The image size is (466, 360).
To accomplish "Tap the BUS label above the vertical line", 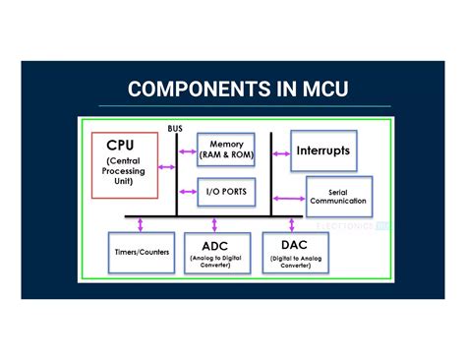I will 175,128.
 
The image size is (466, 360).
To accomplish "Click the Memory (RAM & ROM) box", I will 226,150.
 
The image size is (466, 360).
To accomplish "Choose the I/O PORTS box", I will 226,190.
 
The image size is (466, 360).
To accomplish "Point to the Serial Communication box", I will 337,195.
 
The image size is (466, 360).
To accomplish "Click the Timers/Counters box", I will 140,252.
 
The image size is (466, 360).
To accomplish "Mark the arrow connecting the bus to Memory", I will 187,152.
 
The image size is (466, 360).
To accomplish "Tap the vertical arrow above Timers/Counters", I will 142,224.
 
